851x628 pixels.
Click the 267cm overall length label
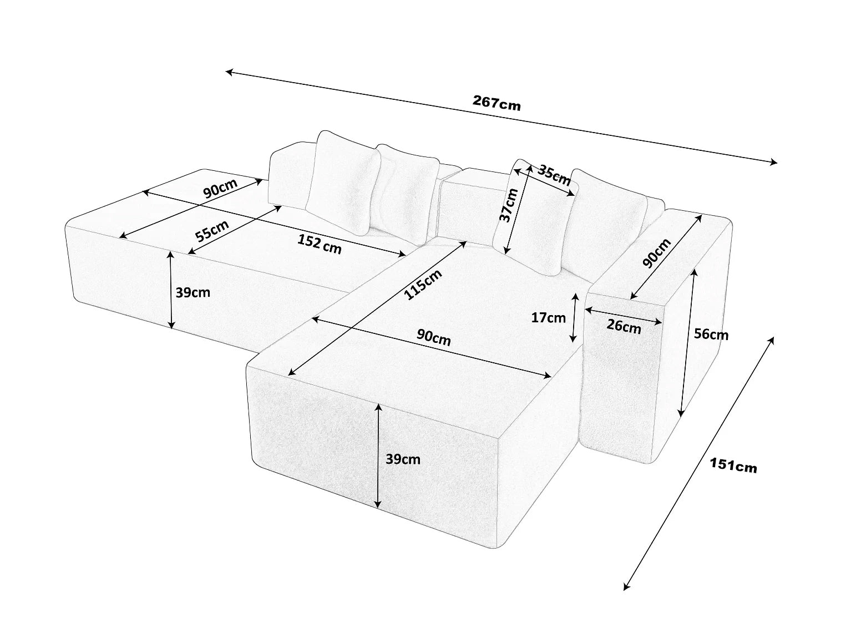point(497,103)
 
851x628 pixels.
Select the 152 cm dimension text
point(320,244)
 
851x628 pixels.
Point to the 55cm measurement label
point(212,230)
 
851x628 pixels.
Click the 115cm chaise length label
point(423,285)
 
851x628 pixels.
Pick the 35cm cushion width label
point(554,175)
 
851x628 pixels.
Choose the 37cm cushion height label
point(509,205)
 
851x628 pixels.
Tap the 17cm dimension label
point(548,318)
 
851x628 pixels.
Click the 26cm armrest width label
point(624,326)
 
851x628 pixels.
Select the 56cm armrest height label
point(711,334)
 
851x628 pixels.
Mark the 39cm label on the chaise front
point(403,459)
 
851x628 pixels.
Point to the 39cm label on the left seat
point(193,293)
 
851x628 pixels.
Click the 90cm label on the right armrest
point(657,253)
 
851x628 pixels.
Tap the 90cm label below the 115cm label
point(433,337)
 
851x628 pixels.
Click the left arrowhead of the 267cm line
point(228,72)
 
